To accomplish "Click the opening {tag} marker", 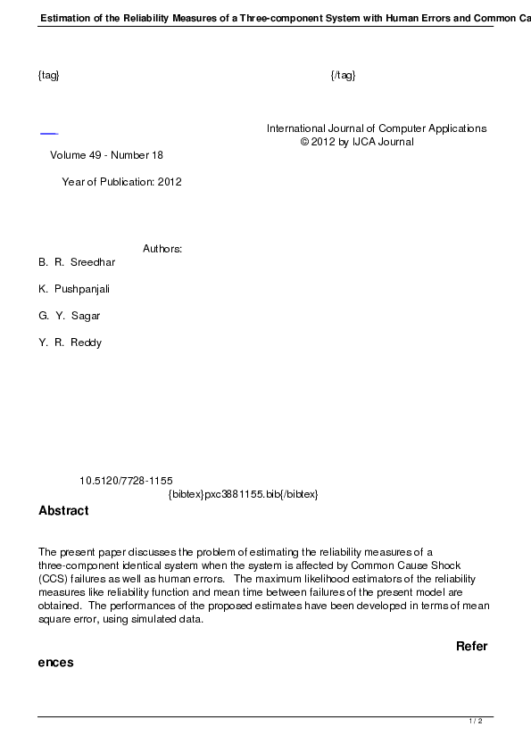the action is pos(49,75).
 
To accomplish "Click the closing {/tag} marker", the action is pos(344,75).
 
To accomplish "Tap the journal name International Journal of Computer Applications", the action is pos(377,128).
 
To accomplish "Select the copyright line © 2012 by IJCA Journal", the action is pos(357,142).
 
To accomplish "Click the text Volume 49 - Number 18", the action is pos(107,155).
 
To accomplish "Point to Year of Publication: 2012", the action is pos(122,182).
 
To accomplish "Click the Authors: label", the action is pos(162,249).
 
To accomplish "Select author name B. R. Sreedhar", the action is pos(77,262).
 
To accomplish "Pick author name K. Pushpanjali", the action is pos(74,289).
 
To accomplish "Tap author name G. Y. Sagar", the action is pos(70,316).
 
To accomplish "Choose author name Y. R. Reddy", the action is pos(71,342).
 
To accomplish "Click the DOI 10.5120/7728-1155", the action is pos(126,481).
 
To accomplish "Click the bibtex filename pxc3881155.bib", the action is pos(243,494).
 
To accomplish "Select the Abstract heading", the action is pos(63,511).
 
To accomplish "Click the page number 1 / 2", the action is pos(476,721).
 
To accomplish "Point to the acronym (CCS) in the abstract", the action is pos(53,579).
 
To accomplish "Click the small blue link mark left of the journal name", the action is pos(49,133).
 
